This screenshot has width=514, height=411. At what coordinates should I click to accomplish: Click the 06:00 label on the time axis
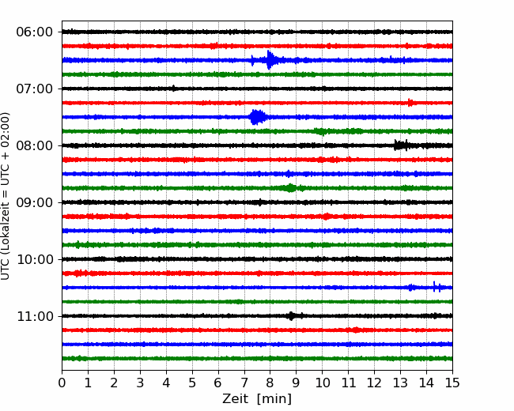34,32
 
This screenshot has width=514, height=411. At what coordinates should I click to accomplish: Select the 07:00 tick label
34,89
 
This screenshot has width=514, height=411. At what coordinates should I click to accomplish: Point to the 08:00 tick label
34,146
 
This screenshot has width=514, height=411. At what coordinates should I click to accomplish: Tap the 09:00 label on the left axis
34,202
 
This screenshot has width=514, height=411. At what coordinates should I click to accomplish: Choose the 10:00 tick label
34,259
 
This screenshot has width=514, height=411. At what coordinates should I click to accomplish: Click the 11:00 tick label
34,317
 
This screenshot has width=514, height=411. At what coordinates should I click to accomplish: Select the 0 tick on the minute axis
62,383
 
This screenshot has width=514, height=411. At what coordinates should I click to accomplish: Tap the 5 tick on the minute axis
192,383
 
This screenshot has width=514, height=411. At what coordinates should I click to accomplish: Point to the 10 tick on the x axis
322,383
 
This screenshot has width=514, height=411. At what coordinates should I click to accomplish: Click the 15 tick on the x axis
452,383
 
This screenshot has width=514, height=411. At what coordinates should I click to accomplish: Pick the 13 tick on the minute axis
400,383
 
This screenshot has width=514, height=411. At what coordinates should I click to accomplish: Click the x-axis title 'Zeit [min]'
257,399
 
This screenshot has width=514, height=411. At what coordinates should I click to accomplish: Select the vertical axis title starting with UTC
5,196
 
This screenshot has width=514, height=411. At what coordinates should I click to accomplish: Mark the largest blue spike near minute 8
270,60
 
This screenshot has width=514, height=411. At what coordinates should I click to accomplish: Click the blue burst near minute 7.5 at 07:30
257,117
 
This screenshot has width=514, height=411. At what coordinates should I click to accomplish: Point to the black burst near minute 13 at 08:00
401,145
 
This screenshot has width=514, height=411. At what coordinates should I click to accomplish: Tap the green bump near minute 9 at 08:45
290,188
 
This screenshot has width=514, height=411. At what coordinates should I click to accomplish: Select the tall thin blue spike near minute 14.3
434,286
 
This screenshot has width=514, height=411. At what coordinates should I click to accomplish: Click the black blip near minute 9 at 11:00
291,316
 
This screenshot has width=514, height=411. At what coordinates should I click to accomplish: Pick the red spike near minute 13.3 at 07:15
410,102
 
